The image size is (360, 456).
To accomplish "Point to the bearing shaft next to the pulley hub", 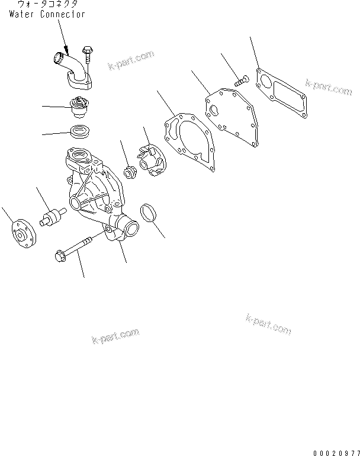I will (x=52, y=217).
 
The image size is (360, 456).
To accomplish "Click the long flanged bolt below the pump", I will (x=76, y=248).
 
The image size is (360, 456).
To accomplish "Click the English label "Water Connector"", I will (x=47, y=14).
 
